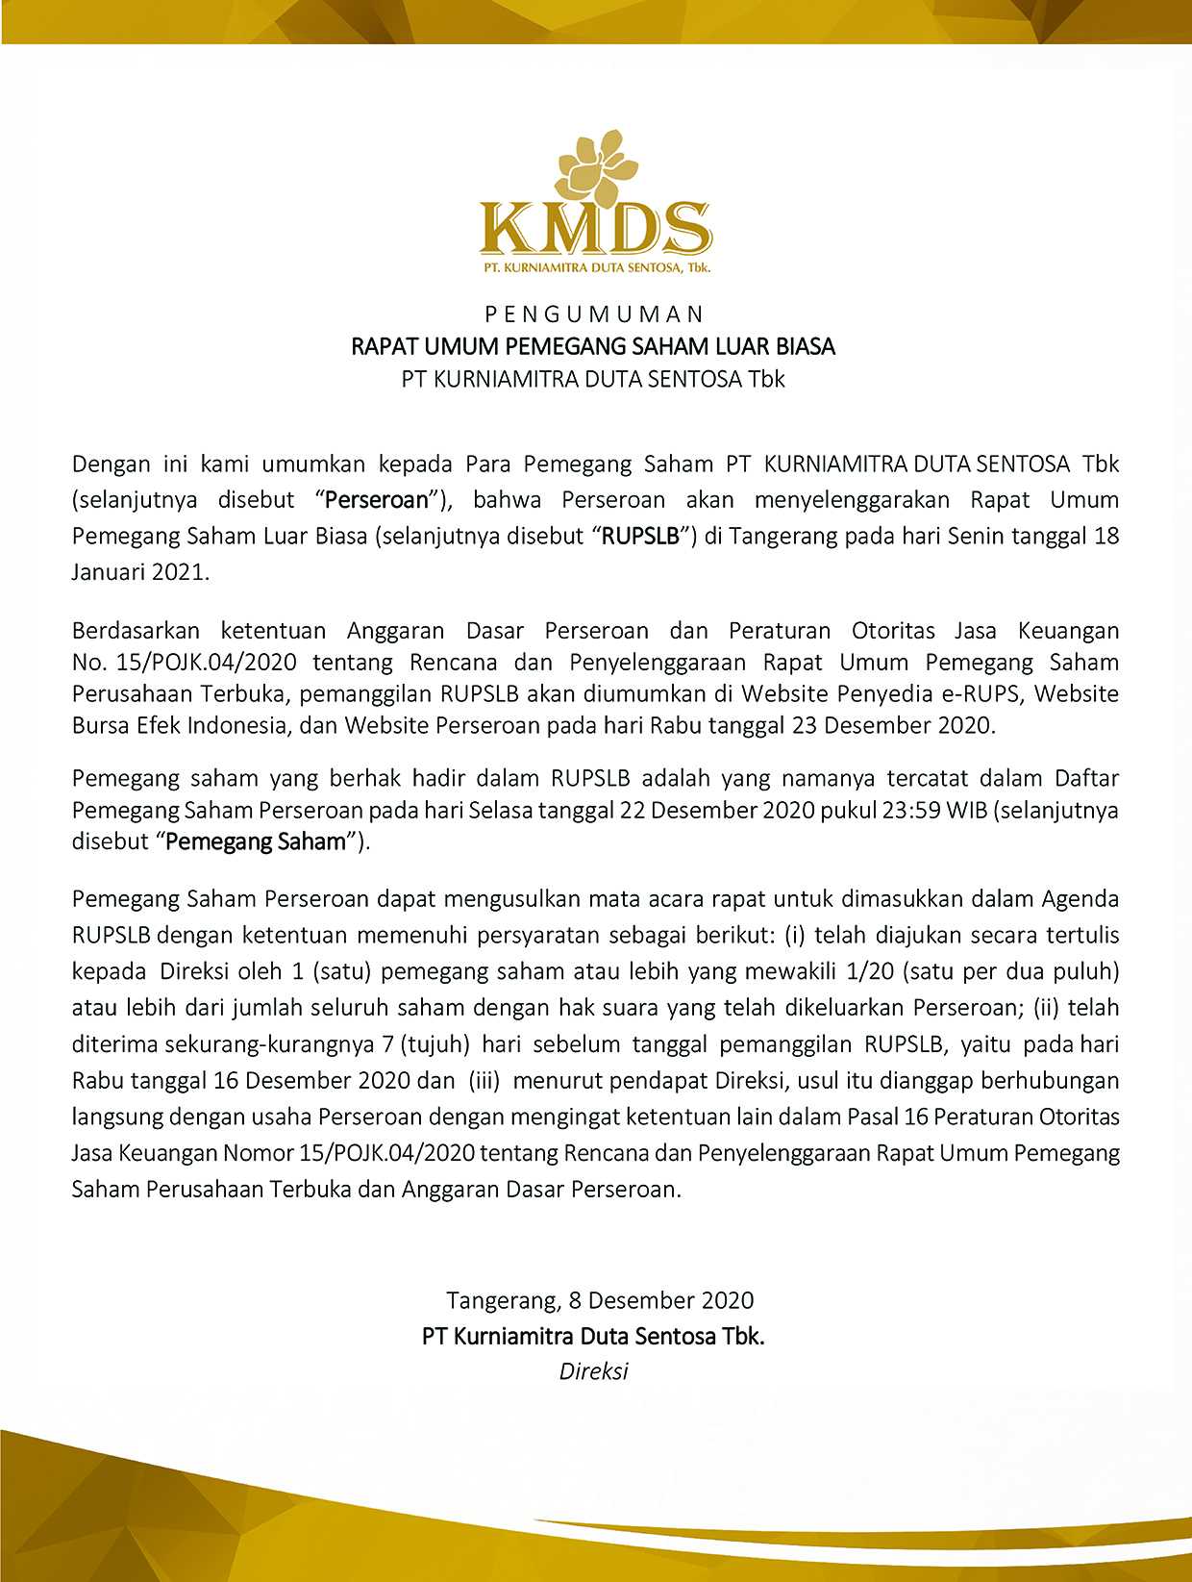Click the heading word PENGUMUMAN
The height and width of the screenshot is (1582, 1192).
coord(595,314)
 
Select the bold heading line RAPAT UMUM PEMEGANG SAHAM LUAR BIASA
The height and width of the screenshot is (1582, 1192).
coord(593,346)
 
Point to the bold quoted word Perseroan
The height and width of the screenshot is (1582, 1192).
coord(377,500)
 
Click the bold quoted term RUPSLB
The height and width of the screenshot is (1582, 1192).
coord(640,536)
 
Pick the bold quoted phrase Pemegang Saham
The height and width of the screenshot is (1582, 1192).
coord(256,842)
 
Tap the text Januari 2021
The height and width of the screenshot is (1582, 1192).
coord(139,572)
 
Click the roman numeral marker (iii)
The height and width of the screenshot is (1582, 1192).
coord(484,1081)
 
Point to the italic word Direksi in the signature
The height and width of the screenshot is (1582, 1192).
coord(593,1371)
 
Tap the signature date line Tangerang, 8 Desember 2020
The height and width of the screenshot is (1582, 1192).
coord(600,1301)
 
